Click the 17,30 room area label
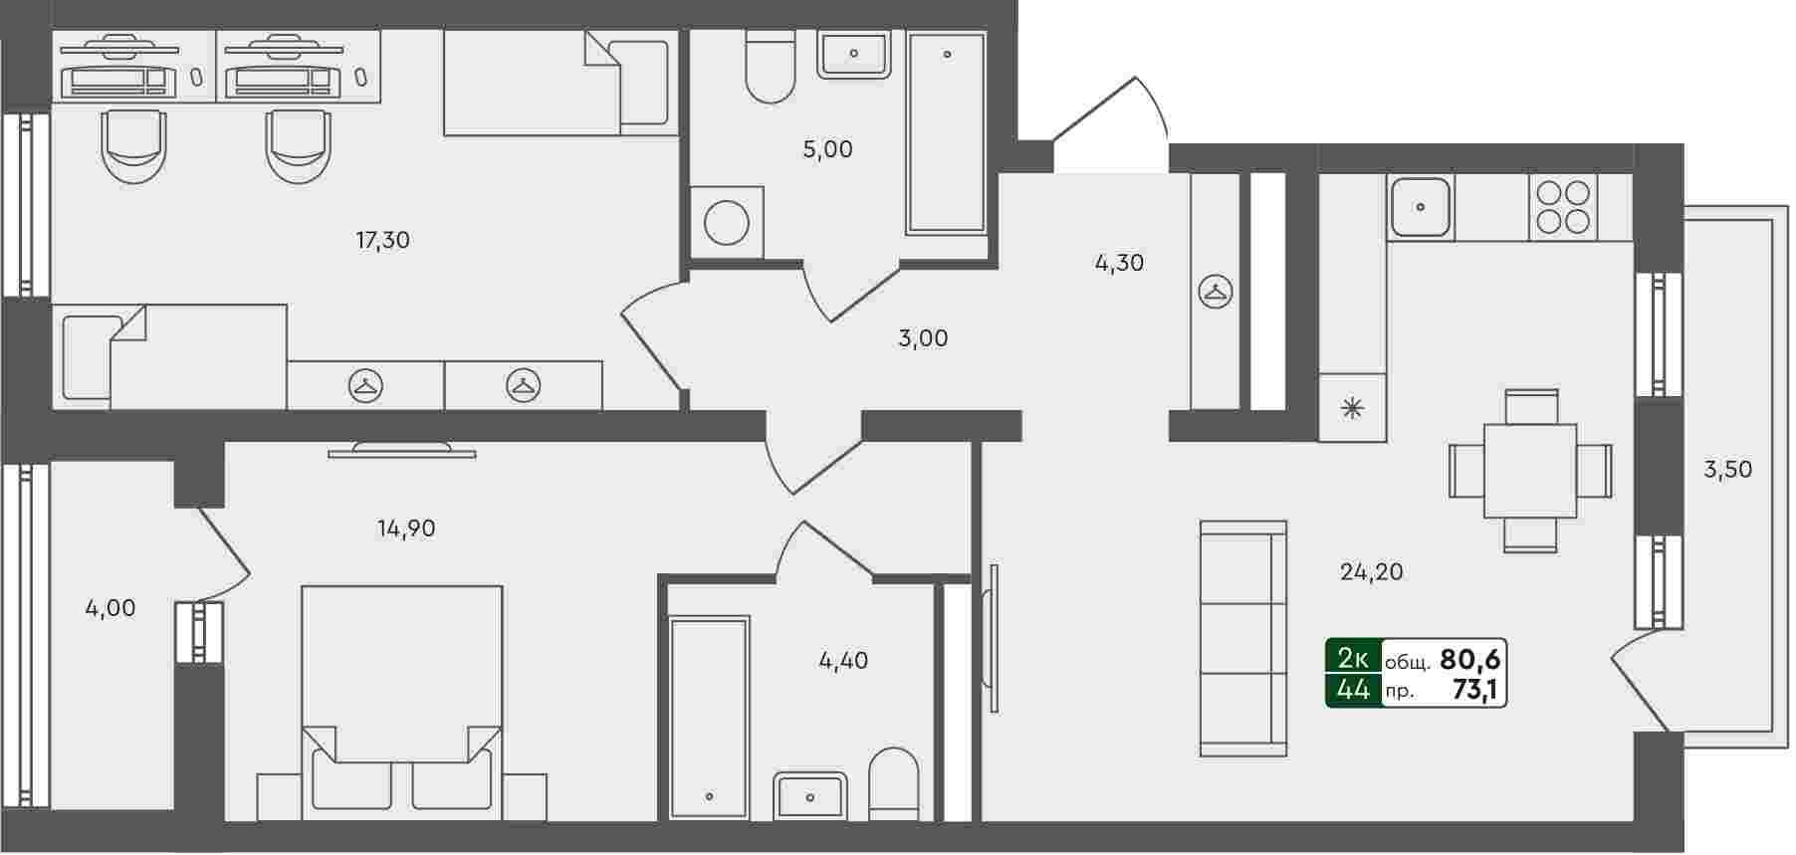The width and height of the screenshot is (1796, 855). coord(383,240)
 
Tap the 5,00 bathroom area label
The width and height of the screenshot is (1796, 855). coord(828,149)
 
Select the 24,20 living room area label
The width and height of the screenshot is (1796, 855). coord(1372,571)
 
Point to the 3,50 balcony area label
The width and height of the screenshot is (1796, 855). coord(1728,470)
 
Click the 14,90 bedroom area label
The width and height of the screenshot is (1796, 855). coord(406,529)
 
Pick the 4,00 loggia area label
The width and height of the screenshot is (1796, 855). coord(111,608)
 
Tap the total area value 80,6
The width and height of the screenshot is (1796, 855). coord(1470,659)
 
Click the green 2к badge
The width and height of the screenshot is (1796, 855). coord(1353,658)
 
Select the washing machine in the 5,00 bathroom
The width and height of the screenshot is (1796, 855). coord(727,223)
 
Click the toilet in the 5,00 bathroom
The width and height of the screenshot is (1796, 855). coord(770,67)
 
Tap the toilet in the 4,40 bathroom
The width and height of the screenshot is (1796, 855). coord(894,784)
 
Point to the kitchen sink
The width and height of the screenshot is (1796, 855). coord(1421,208)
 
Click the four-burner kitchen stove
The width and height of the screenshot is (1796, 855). coord(1563,206)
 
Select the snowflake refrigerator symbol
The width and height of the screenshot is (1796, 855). coord(1352,407)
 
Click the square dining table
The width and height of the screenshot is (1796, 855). coord(1530,471)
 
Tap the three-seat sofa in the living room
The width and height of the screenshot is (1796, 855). coord(1243,638)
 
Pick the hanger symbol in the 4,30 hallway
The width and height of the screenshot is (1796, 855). coord(1216,293)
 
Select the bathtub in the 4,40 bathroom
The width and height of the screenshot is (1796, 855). coord(709,717)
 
